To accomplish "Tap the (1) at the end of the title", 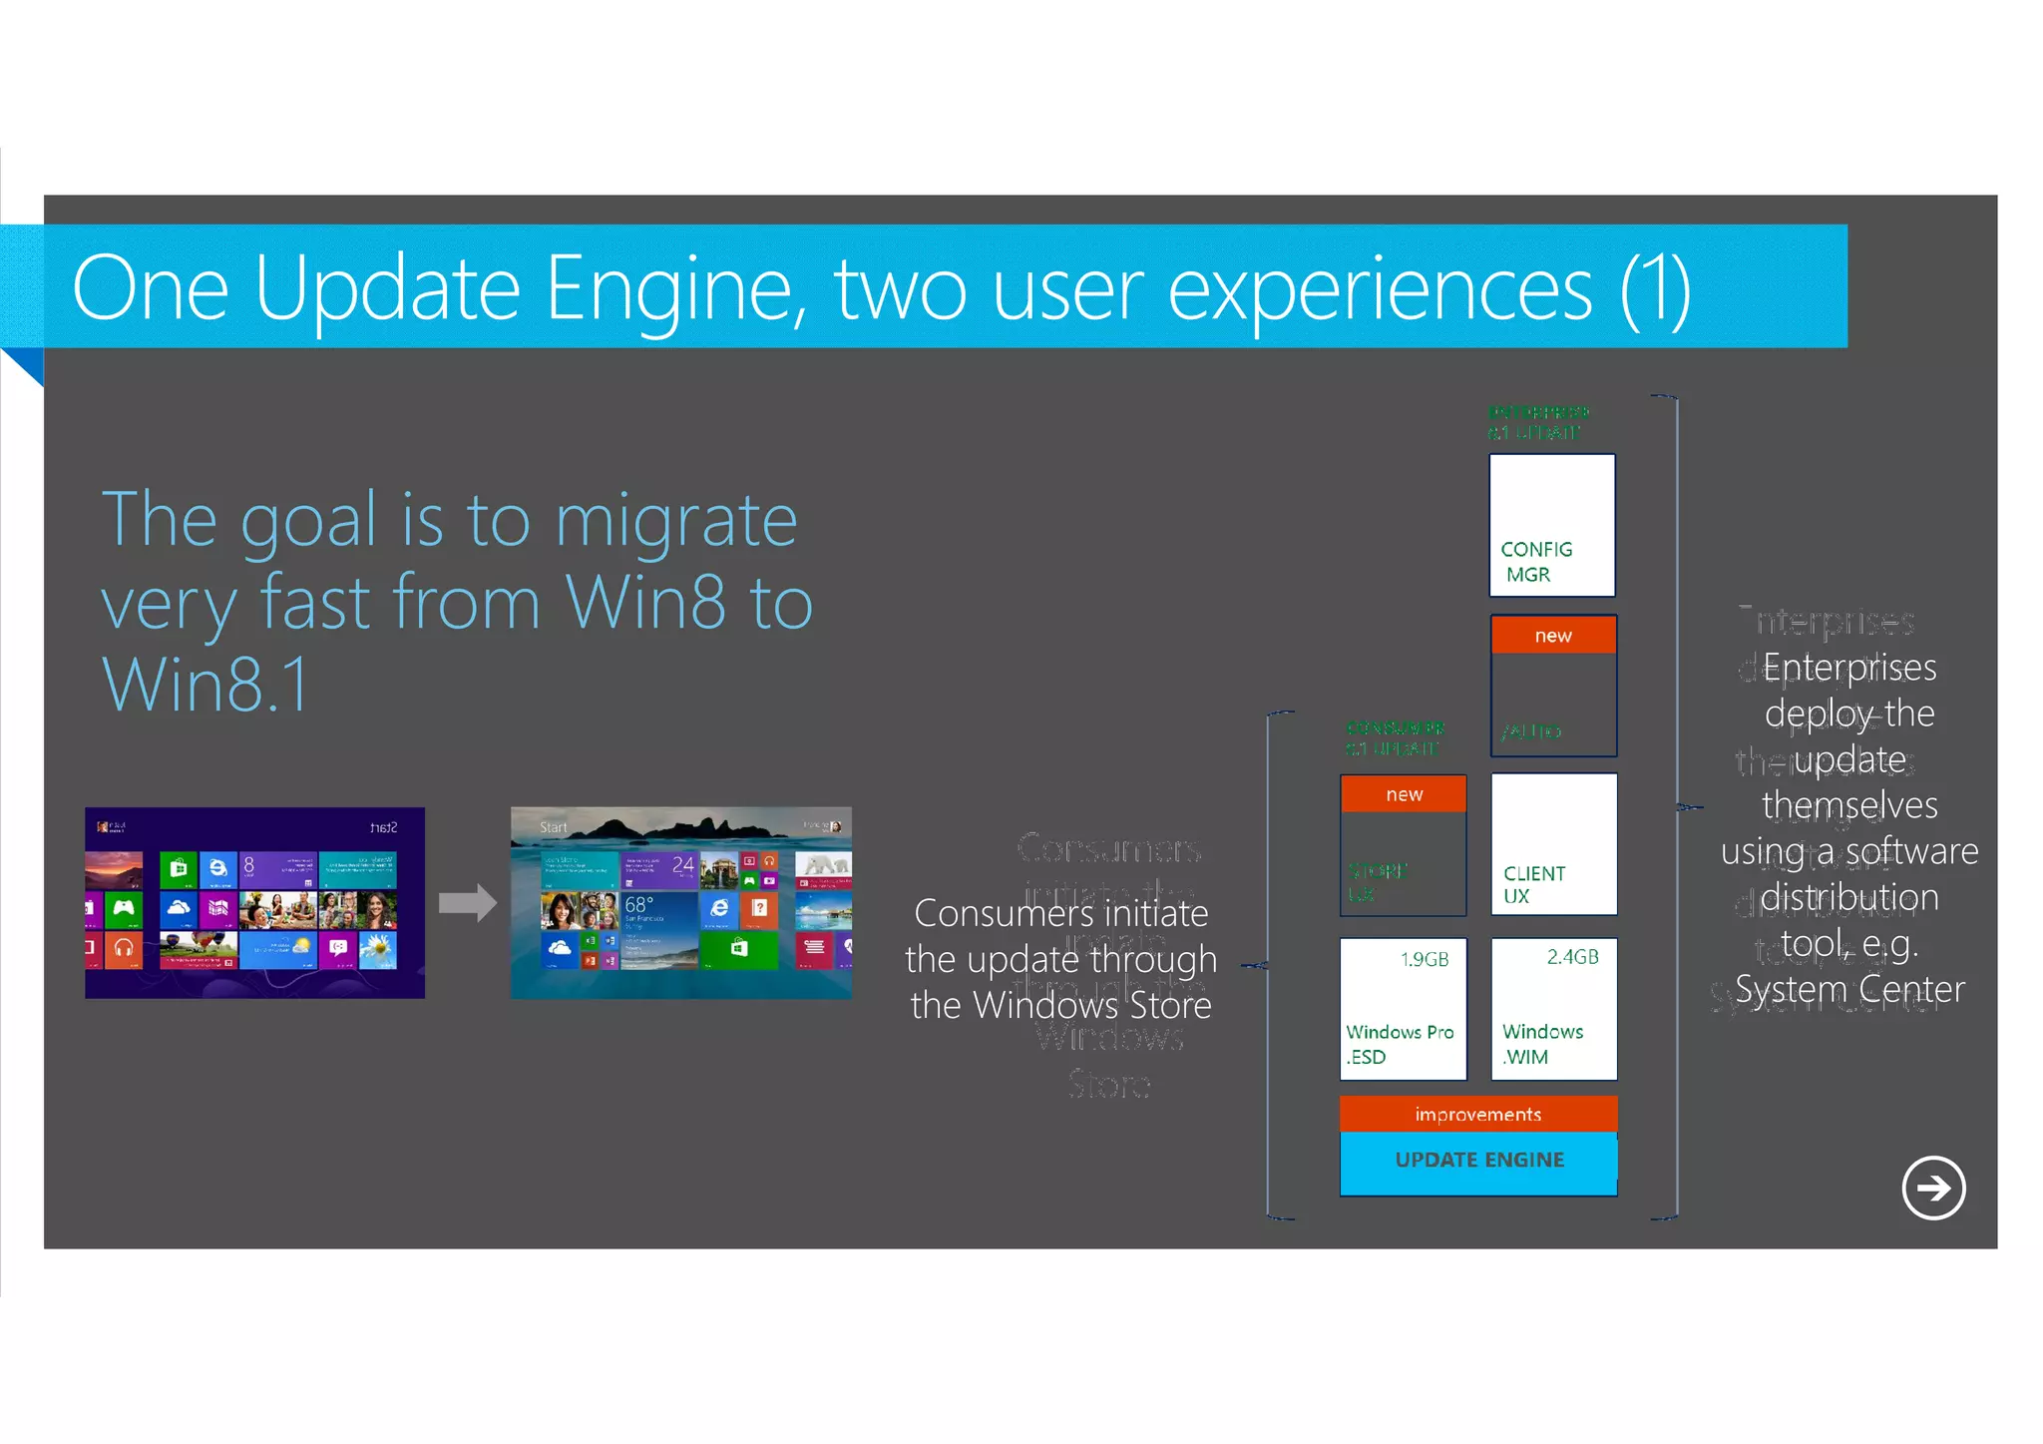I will pos(1654,289).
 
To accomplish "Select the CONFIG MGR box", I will pos(1551,526).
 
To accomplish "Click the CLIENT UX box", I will pos(1553,844).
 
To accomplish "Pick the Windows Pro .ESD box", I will pos(1403,1010).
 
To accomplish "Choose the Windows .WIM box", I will pos(1553,1010).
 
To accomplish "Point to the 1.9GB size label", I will pos(1424,960).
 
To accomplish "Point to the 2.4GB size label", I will pos(1572,957).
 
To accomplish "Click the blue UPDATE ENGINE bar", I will pos(1478,1162).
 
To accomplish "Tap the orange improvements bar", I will pos(1477,1115).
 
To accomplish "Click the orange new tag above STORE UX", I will pos(1404,795).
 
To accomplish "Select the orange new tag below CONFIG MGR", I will pos(1553,636).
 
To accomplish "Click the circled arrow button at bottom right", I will pos(1933,1188).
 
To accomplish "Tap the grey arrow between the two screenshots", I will pos(467,903).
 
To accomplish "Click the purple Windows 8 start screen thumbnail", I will pos(254,903).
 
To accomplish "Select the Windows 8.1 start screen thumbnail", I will pos(681,903).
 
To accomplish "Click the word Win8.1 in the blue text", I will pos(205,687).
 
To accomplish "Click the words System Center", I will pos(1849,990).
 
